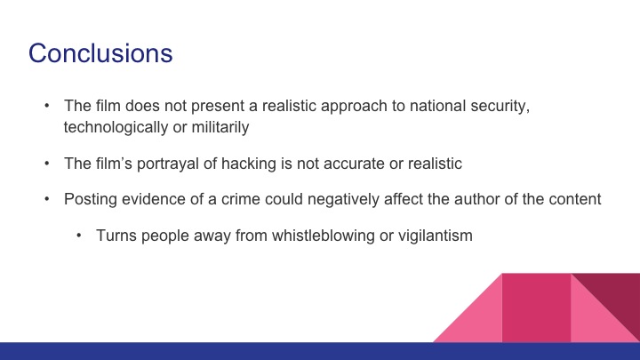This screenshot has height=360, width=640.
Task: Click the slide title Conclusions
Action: (100, 52)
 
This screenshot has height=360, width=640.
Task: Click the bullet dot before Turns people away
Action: (78, 237)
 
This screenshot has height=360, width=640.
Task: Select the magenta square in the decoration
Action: (536, 307)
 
